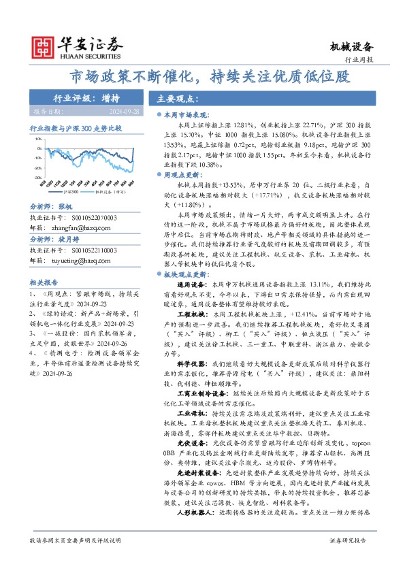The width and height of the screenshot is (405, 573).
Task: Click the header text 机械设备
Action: point(353,46)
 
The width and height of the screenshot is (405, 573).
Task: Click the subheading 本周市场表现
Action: point(186,116)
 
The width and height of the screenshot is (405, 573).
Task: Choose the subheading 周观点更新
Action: point(183,175)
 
